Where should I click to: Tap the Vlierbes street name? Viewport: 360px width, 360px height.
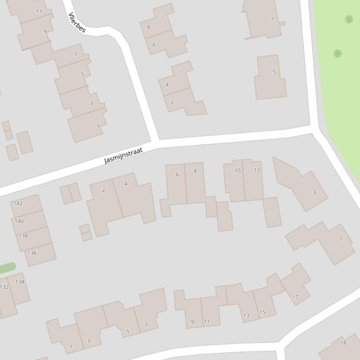(77, 22)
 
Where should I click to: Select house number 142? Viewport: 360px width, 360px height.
(18, 203)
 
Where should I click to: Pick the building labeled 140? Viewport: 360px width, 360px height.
(19, 221)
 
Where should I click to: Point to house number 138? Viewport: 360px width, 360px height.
(23, 236)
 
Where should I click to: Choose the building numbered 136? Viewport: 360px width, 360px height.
(32, 253)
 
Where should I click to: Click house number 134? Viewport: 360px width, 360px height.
(20, 282)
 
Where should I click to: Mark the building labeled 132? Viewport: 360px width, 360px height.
(4, 287)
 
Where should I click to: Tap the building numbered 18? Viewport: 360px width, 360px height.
(343, 343)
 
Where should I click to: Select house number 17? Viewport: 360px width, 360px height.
(295, 297)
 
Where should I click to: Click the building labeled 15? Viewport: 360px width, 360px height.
(262, 312)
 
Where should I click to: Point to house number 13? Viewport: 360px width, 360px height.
(246, 315)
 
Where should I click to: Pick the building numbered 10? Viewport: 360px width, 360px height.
(237, 171)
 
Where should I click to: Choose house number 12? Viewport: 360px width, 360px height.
(257, 170)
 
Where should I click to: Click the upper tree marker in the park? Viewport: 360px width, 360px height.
(349, 19)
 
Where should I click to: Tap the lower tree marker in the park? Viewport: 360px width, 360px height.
(338, 54)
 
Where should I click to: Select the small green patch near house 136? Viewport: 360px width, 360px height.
(7, 268)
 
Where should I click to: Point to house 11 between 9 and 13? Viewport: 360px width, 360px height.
(206, 322)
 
